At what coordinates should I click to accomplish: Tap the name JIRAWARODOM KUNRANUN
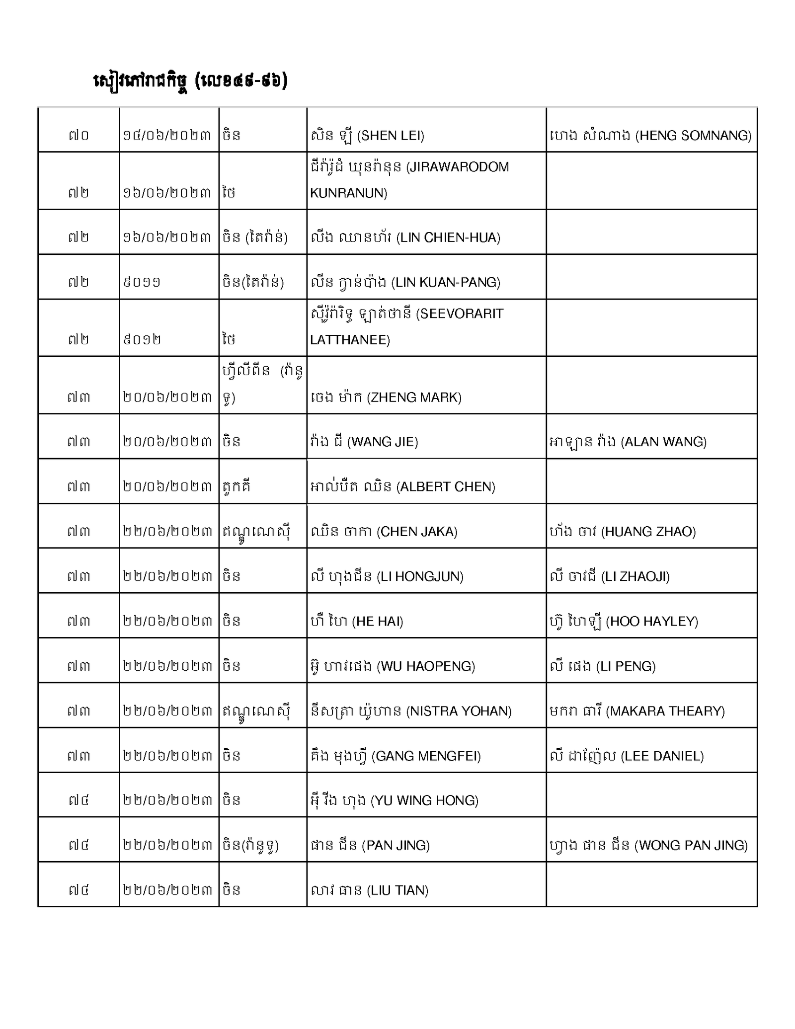409,179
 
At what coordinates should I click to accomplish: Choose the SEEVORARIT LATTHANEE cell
406,326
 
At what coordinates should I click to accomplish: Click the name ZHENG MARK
386,397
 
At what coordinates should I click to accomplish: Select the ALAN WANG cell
628,441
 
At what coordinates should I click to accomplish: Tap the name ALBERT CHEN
402,486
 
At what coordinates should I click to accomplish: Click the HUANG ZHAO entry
623,531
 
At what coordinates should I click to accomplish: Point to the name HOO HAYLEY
624,621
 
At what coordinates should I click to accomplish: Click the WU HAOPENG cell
392,665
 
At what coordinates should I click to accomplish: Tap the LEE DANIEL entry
627,756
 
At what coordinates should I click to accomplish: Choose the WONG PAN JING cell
648,845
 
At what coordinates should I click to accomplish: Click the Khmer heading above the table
190,81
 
